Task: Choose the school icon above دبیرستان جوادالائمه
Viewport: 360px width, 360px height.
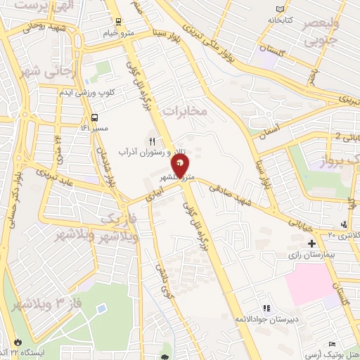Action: [x=266, y=308]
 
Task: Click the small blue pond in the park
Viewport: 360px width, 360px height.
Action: [x=103, y=309]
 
